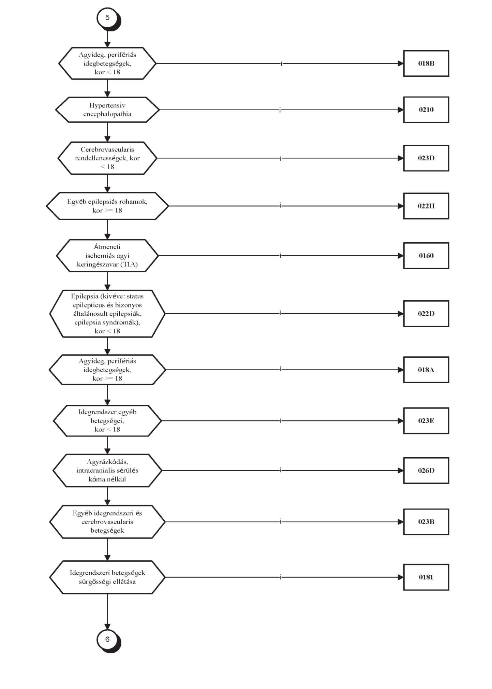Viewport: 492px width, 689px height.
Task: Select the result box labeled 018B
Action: (426, 63)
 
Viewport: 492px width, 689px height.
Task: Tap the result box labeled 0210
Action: (426, 110)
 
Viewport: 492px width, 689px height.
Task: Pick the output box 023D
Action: (426, 158)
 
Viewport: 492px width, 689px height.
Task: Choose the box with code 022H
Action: (426, 206)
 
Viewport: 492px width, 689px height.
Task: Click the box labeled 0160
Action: (426, 256)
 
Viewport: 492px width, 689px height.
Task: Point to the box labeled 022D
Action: (426, 314)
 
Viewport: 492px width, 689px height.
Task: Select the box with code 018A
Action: (426, 370)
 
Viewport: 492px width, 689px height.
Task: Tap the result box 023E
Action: (426, 420)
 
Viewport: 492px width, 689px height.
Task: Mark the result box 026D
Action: (426, 471)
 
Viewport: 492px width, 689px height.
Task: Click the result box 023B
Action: (426, 521)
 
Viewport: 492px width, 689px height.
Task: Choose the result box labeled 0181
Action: (426, 577)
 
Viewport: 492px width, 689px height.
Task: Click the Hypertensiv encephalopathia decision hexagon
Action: (107, 110)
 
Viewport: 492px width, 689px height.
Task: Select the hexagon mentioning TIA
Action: (107, 256)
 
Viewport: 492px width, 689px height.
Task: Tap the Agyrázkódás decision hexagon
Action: (107, 471)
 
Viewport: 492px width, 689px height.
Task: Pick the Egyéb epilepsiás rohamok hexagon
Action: (107, 206)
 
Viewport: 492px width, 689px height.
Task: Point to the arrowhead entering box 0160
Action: (401, 256)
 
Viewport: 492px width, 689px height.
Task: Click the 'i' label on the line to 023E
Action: (281, 420)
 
